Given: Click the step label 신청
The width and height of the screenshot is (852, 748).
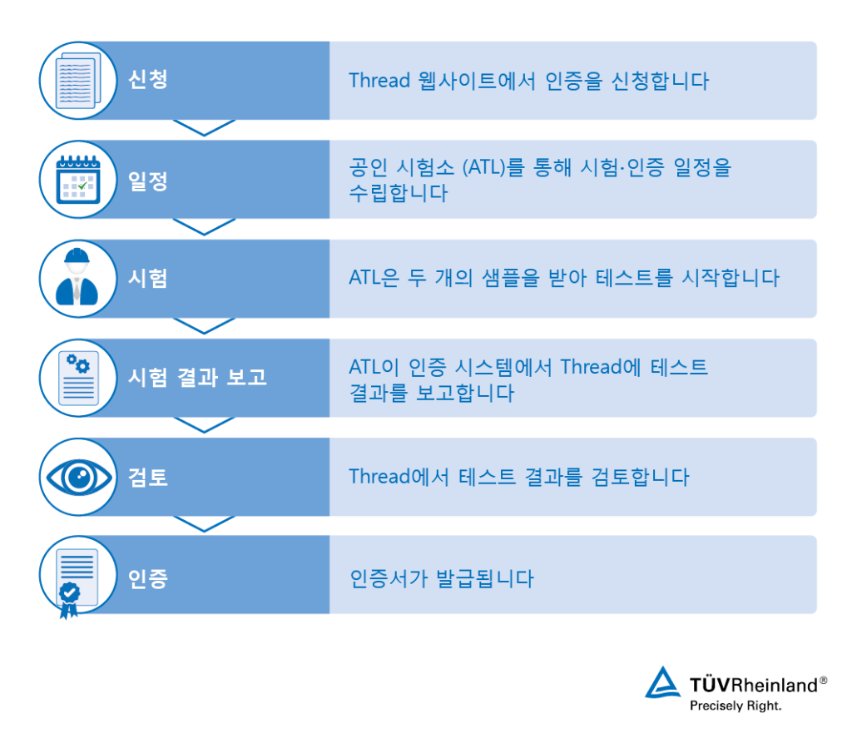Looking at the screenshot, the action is pyautogui.click(x=148, y=80).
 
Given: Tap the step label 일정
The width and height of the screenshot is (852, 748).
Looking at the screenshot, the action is pyautogui.click(x=148, y=181).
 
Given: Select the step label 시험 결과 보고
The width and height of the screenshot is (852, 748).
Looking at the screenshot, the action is pyautogui.click(x=197, y=377).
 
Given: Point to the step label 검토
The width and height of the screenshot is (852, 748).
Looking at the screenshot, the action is pyautogui.click(x=148, y=477).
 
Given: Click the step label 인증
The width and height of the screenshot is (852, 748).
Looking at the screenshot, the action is pyautogui.click(x=148, y=578).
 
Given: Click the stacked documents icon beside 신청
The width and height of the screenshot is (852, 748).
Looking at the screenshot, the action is pyautogui.click(x=79, y=81).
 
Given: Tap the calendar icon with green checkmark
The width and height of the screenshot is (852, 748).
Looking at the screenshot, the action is pyautogui.click(x=78, y=180).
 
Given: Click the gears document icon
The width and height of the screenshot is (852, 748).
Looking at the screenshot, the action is pyautogui.click(x=79, y=378).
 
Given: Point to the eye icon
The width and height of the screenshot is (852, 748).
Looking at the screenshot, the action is pyautogui.click(x=79, y=478).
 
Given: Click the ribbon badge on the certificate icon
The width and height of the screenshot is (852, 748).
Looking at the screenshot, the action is pyautogui.click(x=69, y=600).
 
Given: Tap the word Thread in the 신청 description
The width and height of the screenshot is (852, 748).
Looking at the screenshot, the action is pyautogui.click(x=379, y=81).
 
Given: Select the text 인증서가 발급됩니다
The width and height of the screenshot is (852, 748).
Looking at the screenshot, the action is pyautogui.click(x=442, y=578).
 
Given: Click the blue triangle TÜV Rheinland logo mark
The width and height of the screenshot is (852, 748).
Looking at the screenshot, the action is pyautogui.click(x=663, y=682).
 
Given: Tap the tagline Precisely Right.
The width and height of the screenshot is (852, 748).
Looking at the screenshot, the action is pyautogui.click(x=736, y=706).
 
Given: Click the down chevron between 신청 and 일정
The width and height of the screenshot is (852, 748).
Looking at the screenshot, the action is pyautogui.click(x=205, y=127).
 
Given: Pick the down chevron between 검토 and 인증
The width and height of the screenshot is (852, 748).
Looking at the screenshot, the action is pyautogui.click(x=205, y=524).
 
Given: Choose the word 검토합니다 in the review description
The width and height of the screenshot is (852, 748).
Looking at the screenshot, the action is pyautogui.click(x=640, y=477).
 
